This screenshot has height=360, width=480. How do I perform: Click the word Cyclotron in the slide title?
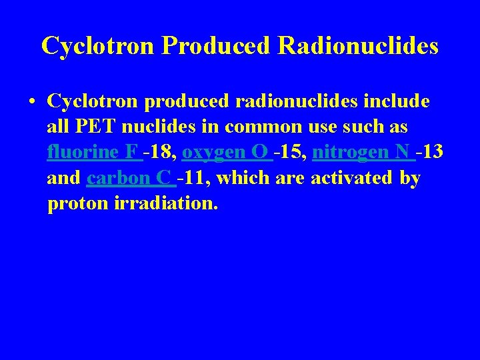tap(99, 45)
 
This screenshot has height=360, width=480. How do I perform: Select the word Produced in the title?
tap(219, 45)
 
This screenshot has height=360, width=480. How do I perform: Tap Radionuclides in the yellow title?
tap(359, 45)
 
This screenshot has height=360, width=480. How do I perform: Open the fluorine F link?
tap(94, 152)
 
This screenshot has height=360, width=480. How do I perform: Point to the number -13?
tap(429, 152)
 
